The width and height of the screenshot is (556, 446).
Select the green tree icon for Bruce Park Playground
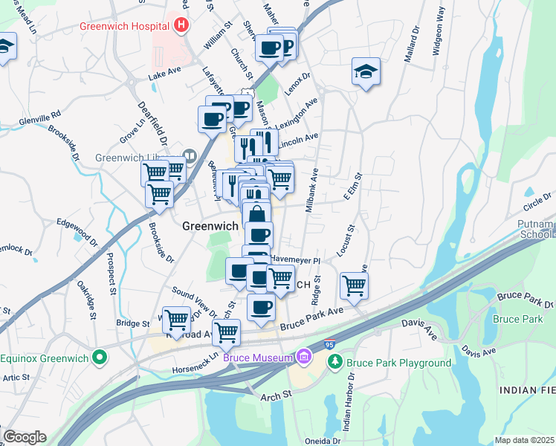(x=336, y=363)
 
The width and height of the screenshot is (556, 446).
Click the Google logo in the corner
(x=24, y=437)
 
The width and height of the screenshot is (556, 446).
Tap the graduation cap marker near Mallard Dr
(x=366, y=72)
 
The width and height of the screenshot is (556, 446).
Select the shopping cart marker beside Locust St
(x=355, y=285)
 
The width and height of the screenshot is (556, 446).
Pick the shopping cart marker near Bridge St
(x=176, y=320)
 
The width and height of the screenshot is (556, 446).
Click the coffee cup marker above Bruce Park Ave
(x=260, y=308)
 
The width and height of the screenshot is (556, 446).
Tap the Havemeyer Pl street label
(x=294, y=260)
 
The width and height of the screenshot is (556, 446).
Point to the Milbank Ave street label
(x=313, y=190)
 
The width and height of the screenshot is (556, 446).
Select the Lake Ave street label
(x=164, y=76)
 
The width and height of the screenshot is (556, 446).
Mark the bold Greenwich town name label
(x=210, y=226)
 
